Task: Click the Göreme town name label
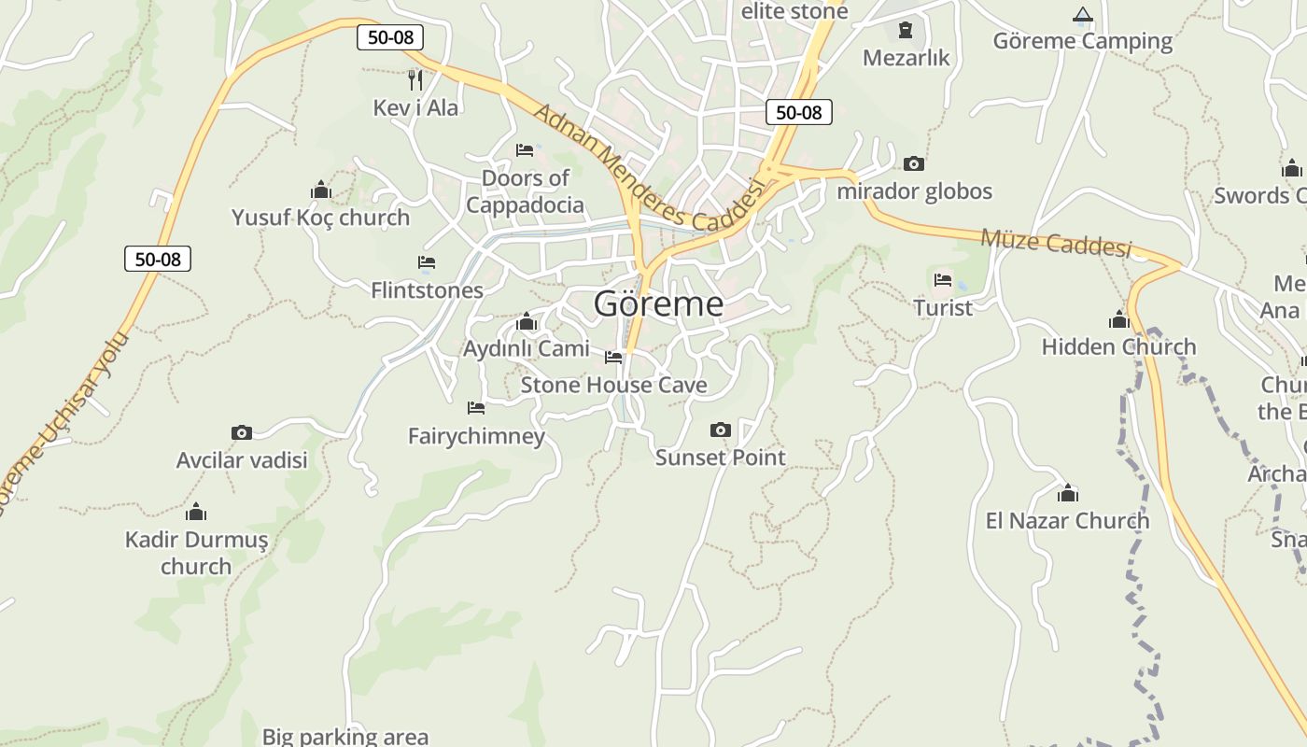click(658, 303)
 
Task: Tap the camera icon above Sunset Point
click(720, 430)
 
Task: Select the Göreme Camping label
click(1082, 41)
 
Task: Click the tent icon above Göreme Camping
click(1082, 14)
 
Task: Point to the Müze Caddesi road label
click(1055, 243)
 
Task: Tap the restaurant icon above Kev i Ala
click(415, 79)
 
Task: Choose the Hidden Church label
click(1118, 346)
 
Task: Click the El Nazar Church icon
click(1067, 493)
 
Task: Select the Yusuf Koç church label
click(320, 218)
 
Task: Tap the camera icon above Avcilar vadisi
click(241, 432)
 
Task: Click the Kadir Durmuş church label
click(196, 553)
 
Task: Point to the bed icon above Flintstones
click(427, 262)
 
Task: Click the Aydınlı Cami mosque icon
click(527, 322)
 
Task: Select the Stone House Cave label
click(613, 385)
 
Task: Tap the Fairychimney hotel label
click(476, 436)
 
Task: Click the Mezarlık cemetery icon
click(905, 31)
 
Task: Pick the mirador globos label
click(914, 191)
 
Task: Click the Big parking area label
click(344, 737)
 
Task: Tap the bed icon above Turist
click(942, 279)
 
